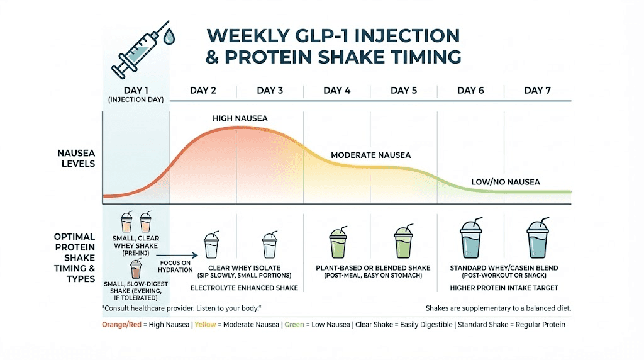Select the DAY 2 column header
coord(203,91)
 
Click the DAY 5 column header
coord(404,91)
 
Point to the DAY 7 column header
coord(538,91)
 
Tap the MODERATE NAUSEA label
coord(371,155)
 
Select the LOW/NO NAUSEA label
coord(506,182)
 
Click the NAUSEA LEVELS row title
coord(75,158)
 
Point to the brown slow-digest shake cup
coord(136,269)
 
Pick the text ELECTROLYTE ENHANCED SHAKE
coord(244,288)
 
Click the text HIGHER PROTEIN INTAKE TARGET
coord(504,288)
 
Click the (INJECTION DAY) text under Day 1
coord(135,100)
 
